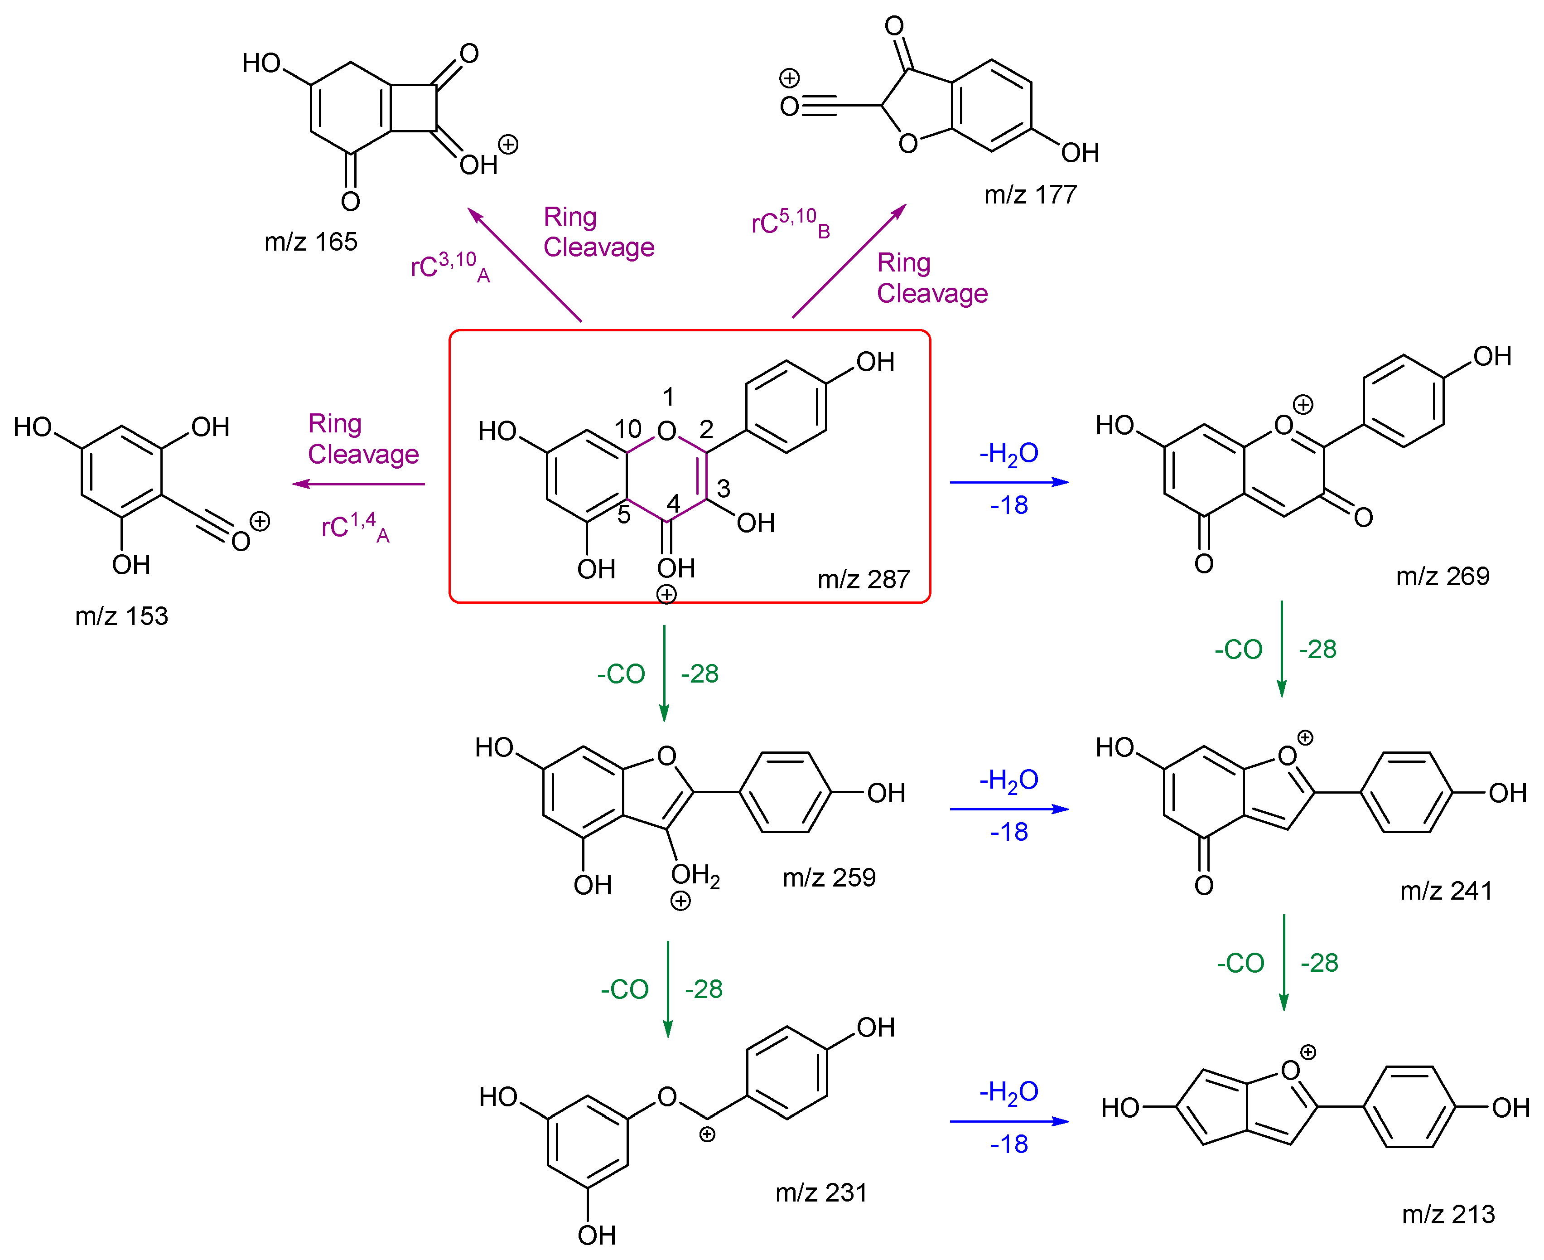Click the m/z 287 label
864,579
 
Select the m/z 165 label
310,242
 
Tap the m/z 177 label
1030,194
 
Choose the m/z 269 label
1443,576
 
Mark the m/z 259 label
829,877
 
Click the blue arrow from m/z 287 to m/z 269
1009,482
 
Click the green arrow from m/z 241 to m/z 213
1283,962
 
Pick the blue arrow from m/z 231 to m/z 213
1009,1121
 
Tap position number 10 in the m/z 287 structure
627,429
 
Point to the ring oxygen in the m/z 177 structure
907,143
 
